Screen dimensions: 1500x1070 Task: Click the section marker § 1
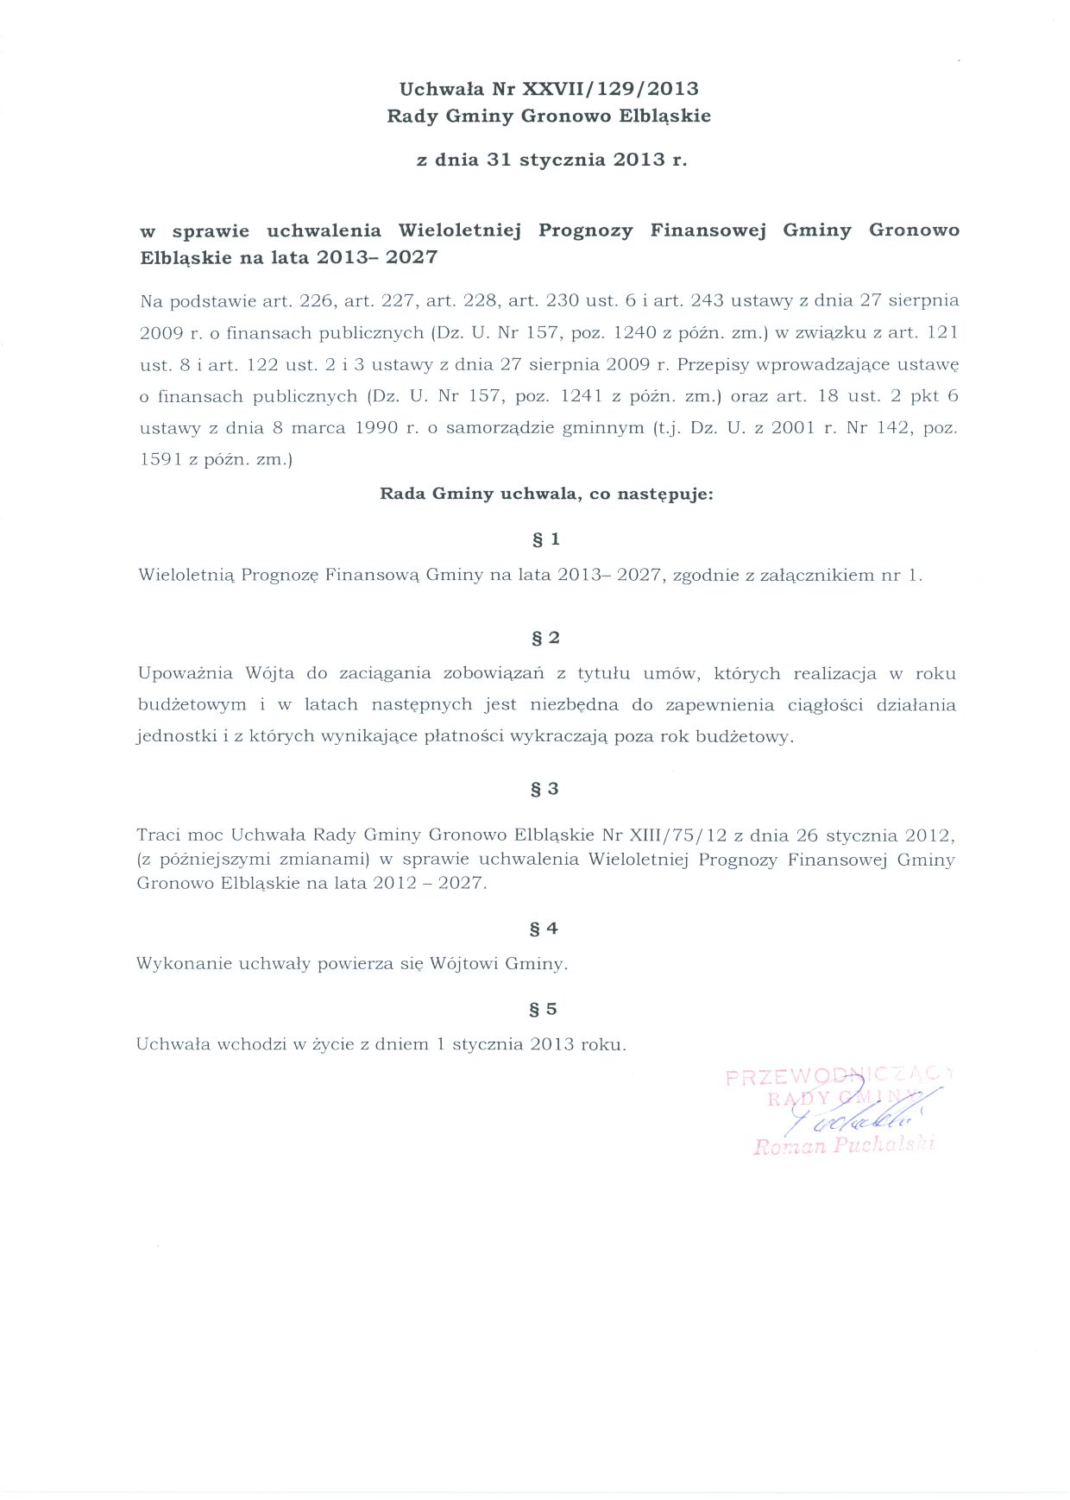[547, 539]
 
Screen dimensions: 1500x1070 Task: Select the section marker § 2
[547, 638]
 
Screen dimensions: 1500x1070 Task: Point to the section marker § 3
[547, 789]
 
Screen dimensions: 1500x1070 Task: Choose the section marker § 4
[547, 929]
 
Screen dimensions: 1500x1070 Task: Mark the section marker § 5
[547, 1009]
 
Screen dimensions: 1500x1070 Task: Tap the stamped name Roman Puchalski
[844, 1146]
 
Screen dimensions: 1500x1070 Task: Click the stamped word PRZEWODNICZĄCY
[837, 1076]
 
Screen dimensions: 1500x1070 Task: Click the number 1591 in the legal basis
[160, 460]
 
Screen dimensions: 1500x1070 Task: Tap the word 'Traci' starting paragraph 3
[158, 835]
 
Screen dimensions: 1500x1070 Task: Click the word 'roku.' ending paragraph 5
[603, 1044]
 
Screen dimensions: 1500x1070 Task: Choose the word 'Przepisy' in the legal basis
[713, 364]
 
